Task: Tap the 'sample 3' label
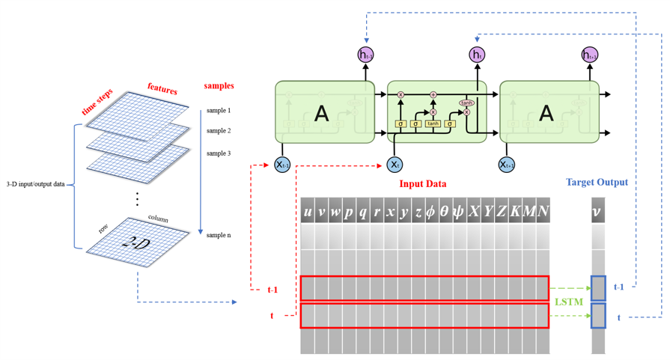pos(219,153)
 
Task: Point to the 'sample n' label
pos(219,235)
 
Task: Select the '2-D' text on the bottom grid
pos(138,243)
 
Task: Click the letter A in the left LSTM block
pos(321,113)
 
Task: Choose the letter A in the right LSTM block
pos(546,113)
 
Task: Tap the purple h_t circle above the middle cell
pos(477,54)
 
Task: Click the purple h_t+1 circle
pos(590,54)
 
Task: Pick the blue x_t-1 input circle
pos(282,164)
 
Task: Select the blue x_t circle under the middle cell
pos(395,164)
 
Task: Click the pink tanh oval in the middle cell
pos(466,103)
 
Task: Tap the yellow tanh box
pos(433,123)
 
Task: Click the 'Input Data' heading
pos(424,184)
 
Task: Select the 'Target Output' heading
pos(597,182)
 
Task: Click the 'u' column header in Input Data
pos(307,212)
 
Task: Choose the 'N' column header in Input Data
pos(543,212)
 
